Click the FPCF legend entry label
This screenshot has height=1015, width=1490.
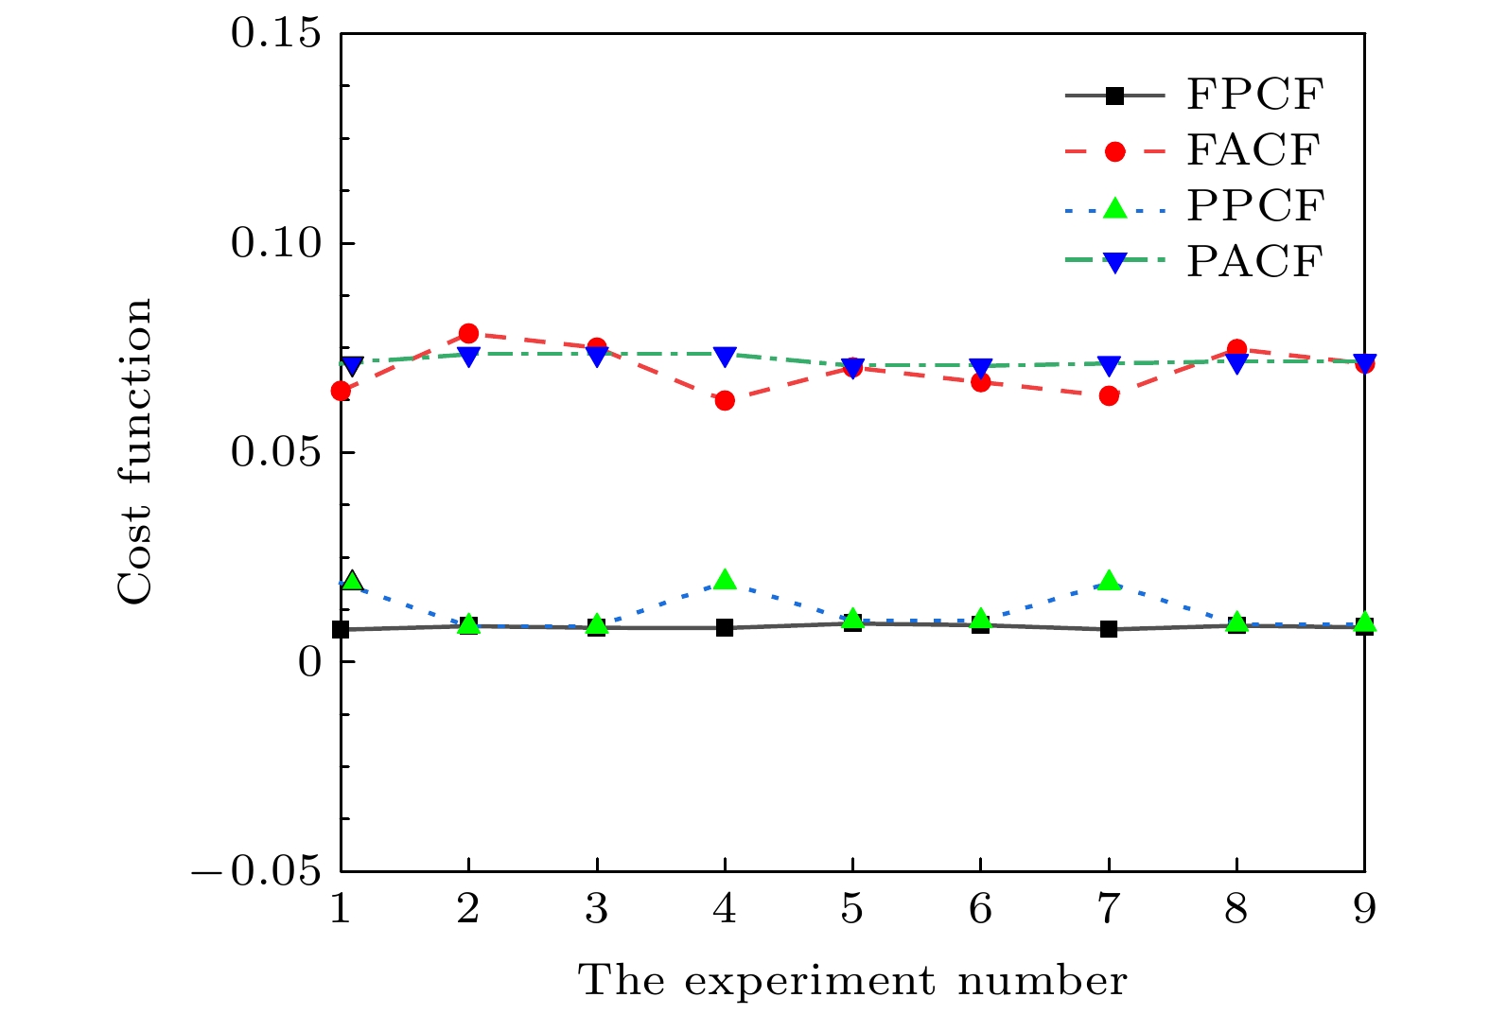(x=1254, y=96)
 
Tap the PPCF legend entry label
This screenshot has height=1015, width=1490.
(x=1254, y=206)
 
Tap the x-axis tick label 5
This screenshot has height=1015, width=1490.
(x=852, y=909)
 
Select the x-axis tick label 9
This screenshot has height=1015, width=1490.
(x=1363, y=909)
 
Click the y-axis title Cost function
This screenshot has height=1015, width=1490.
(x=134, y=451)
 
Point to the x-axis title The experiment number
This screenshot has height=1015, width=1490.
(x=852, y=981)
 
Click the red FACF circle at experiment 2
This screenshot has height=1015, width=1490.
(x=468, y=333)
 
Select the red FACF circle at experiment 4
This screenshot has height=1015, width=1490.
(x=725, y=400)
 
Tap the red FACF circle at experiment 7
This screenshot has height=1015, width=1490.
(x=1109, y=395)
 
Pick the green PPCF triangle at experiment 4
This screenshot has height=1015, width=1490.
(x=725, y=580)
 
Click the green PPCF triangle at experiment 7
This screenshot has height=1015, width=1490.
(x=1109, y=581)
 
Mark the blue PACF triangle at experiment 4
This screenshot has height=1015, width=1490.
(x=725, y=357)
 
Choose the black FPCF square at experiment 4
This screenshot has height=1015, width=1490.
(x=725, y=627)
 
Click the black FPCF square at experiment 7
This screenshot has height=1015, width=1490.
(x=1109, y=629)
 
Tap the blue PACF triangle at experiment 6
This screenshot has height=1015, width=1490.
(x=980, y=367)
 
